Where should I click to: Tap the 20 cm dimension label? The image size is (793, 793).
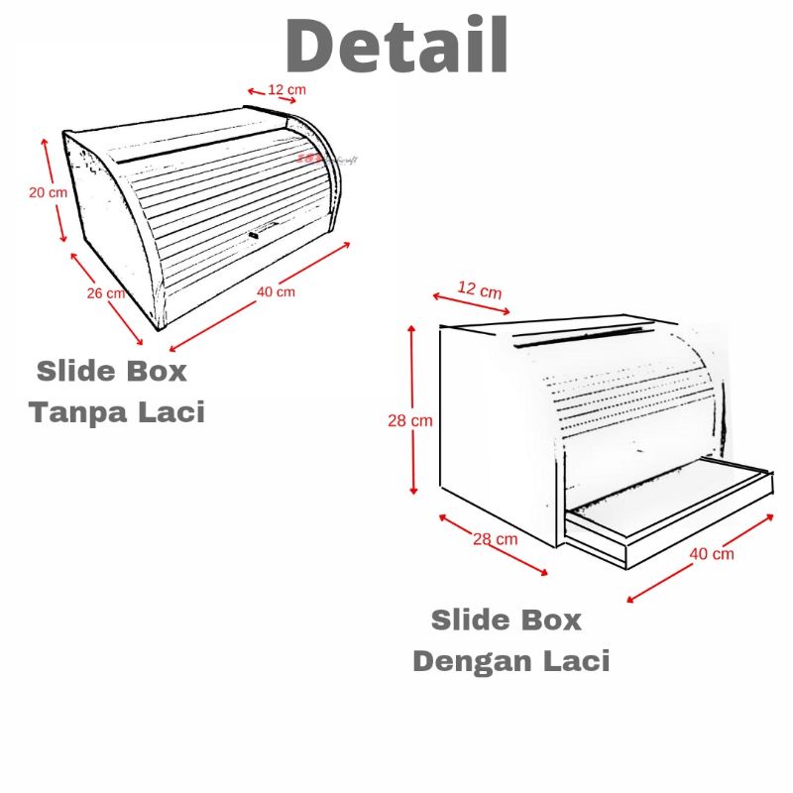(48, 192)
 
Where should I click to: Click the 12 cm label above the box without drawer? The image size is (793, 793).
(286, 90)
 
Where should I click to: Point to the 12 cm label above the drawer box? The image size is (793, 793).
(480, 289)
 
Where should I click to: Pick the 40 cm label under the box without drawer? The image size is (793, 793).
(276, 291)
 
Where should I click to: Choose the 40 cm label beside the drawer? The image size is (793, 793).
(712, 553)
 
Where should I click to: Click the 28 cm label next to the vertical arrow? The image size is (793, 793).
(409, 420)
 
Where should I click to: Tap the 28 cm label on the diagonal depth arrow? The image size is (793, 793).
(495, 539)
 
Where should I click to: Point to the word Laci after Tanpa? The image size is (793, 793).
(172, 410)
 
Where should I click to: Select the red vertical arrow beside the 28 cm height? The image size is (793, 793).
(413, 410)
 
